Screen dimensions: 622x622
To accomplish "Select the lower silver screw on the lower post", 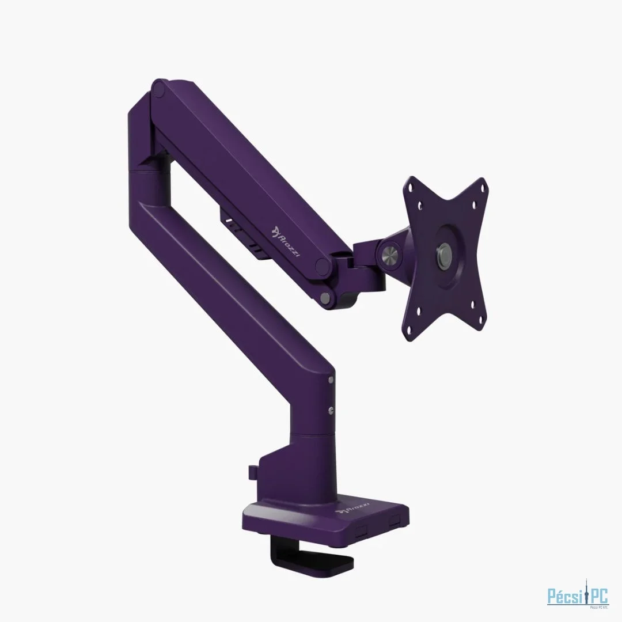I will pos(330,409).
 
